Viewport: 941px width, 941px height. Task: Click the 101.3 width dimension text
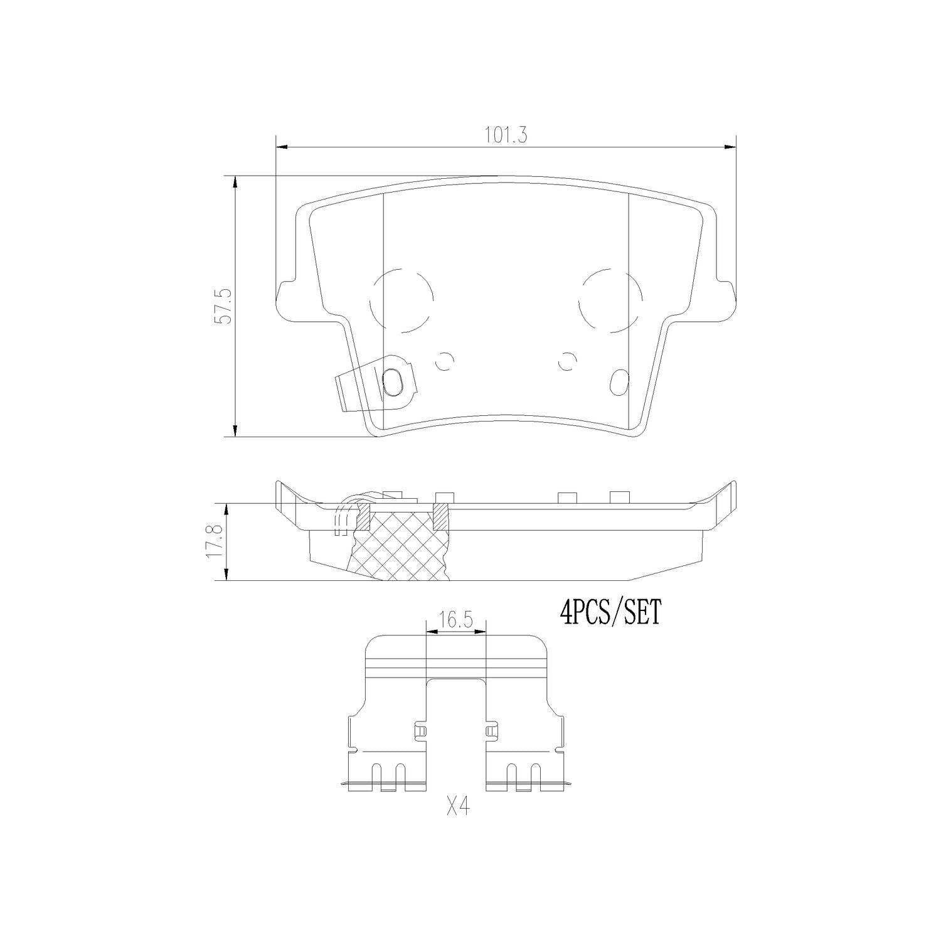coord(505,135)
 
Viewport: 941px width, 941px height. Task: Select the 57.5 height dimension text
coord(224,306)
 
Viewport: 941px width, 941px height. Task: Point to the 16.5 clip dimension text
coord(455,621)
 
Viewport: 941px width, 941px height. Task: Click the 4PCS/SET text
coord(610,612)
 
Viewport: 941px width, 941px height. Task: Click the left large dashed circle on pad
coord(401,300)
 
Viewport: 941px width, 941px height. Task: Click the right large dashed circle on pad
coord(610,300)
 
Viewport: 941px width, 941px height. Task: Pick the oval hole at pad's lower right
coord(620,380)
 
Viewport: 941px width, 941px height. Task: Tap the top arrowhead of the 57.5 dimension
coord(235,181)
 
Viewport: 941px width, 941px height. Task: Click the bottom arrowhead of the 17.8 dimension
coord(225,575)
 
